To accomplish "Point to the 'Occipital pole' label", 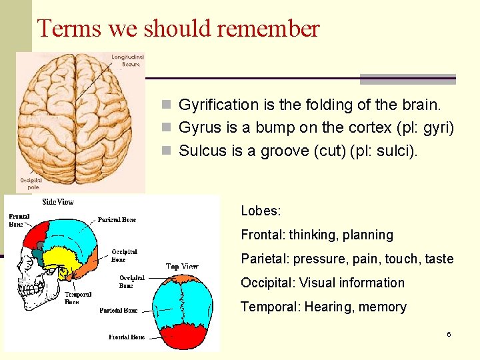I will [31, 183].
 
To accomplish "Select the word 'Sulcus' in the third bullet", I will [203, 151].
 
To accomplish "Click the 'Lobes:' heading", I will [261, 211].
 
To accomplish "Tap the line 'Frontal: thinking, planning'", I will [317, 235].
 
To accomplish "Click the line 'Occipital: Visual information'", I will [322, 283].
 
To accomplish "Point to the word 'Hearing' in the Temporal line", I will [327, 307].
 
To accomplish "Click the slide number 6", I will [449, 333].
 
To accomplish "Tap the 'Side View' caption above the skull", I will [58, 201].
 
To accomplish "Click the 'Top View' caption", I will [181, 267].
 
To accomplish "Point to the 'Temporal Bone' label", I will [78, 297].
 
